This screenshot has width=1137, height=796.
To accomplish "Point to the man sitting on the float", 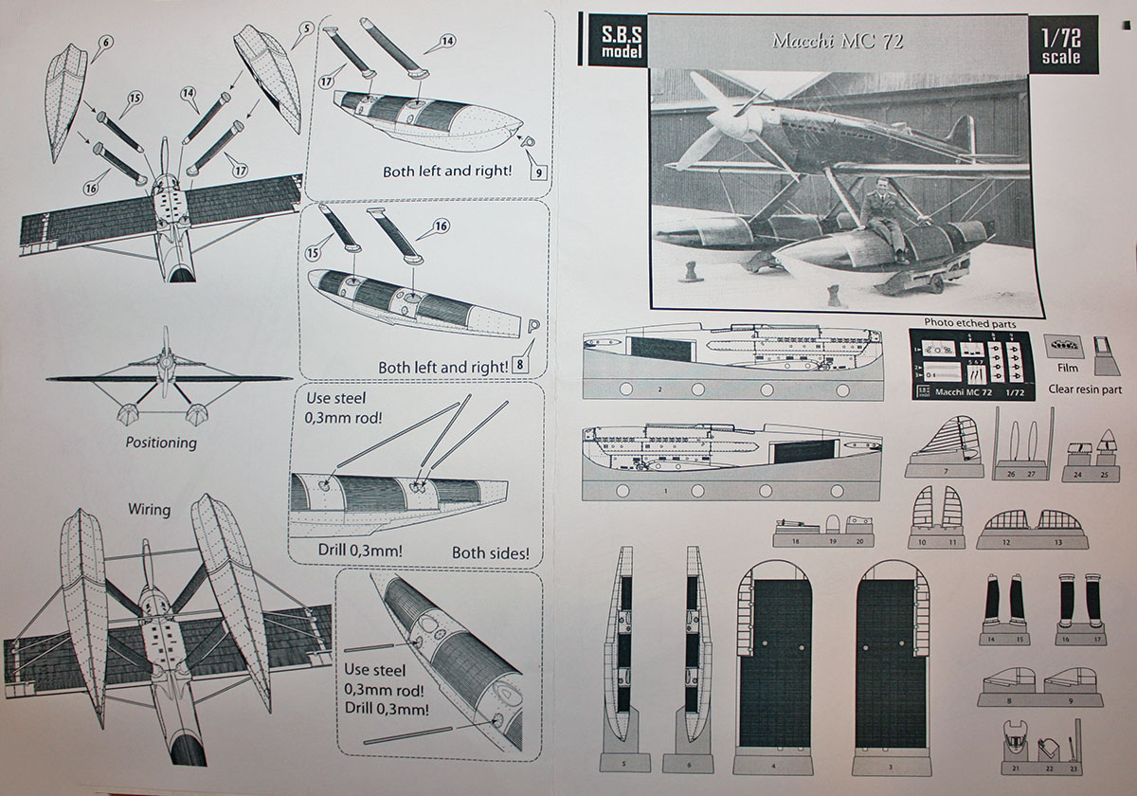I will coord(880,219).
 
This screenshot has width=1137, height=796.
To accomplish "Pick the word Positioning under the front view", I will coord(162,443).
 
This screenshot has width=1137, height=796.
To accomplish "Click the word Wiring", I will coord(149,510).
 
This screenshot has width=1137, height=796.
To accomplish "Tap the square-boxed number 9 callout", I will coord(538,173).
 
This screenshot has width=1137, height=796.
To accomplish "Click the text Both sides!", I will coord(490,553).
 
